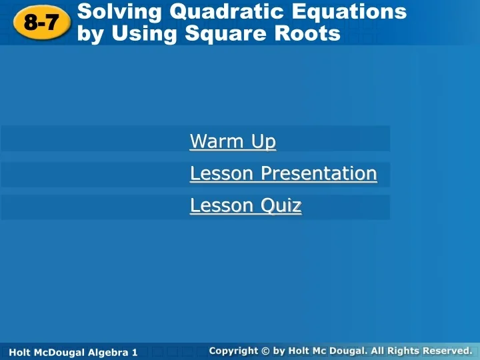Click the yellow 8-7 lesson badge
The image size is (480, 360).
click(41, 23)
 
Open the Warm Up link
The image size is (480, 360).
click(233, 141)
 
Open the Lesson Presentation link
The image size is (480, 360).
click(283, 173)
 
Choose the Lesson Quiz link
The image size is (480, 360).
click(245, 205)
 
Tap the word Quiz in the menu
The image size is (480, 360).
click(281, 205)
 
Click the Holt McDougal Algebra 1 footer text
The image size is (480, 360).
click(74, 351)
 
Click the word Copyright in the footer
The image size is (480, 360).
click(233, 351)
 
